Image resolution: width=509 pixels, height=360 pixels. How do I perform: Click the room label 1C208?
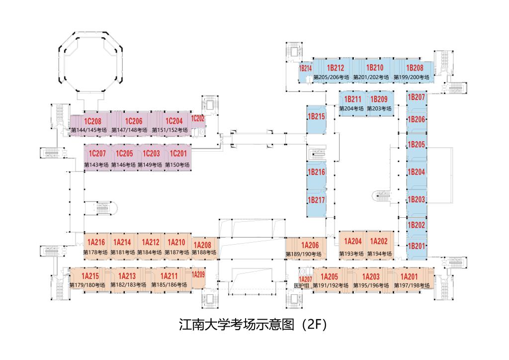(x=92, y=121)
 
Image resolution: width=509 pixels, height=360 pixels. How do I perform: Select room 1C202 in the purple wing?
(x=198, y=118)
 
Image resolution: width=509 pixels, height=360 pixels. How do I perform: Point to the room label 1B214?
(x=305, y=68)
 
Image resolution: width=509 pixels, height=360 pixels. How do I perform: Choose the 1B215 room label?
(x=316, y=117)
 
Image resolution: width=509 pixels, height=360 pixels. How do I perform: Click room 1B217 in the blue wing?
(x=316, y=200)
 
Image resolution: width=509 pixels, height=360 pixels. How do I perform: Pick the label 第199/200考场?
(x=411, y=77)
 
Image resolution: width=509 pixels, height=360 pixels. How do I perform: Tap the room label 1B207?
(x=417, y=97)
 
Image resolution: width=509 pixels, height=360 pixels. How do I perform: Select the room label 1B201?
(x=417, y=246)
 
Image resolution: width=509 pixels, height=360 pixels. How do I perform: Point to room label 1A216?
(x=96, y=243)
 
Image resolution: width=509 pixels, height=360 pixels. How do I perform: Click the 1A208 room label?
(x=202, y=245)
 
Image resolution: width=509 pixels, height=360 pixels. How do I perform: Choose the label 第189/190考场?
(x=303, y=254)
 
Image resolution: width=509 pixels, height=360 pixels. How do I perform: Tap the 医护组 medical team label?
(x=302, y=285)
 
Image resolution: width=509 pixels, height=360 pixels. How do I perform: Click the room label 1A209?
(x=198, y=274)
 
